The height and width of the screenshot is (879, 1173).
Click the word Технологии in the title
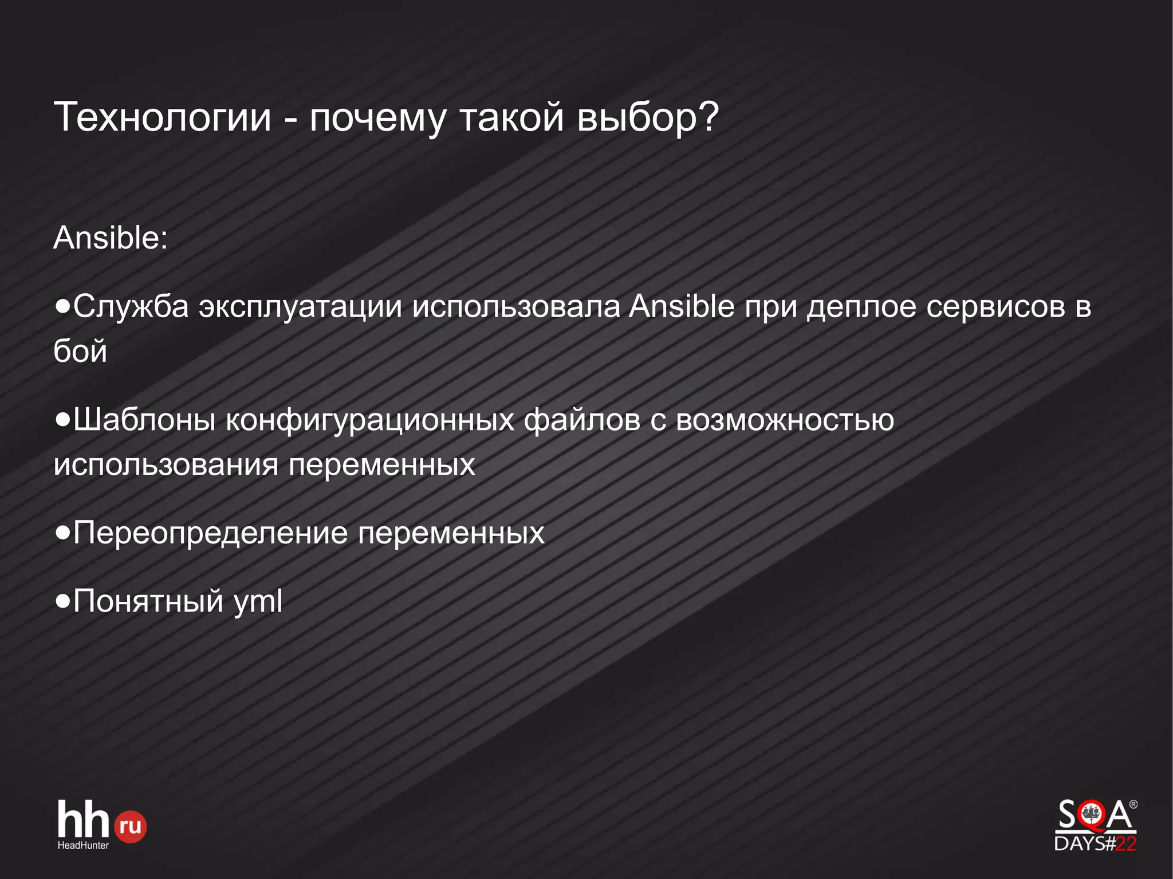[x=162, y=117]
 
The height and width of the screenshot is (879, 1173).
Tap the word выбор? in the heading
[x=647, y=117]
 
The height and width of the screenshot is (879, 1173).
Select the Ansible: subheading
[x=111, y=238]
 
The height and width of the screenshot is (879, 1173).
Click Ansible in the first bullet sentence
[x=682, y=306]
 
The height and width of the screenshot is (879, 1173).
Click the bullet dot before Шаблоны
[x=62, y=420]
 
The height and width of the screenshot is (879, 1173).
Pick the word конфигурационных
[x=370, y=420]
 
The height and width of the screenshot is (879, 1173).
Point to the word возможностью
[x=785, y=420]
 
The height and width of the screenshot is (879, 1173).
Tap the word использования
[x=166, y=464]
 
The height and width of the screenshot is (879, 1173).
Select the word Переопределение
[x=210, y=533]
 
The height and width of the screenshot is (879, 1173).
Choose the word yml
[x=258, y=602]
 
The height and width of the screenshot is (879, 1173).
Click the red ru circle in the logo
[x=131, y=826]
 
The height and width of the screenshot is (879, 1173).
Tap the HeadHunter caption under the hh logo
[x=83, y=845]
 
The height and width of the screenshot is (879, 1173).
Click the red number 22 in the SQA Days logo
[x=1125, y=843]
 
